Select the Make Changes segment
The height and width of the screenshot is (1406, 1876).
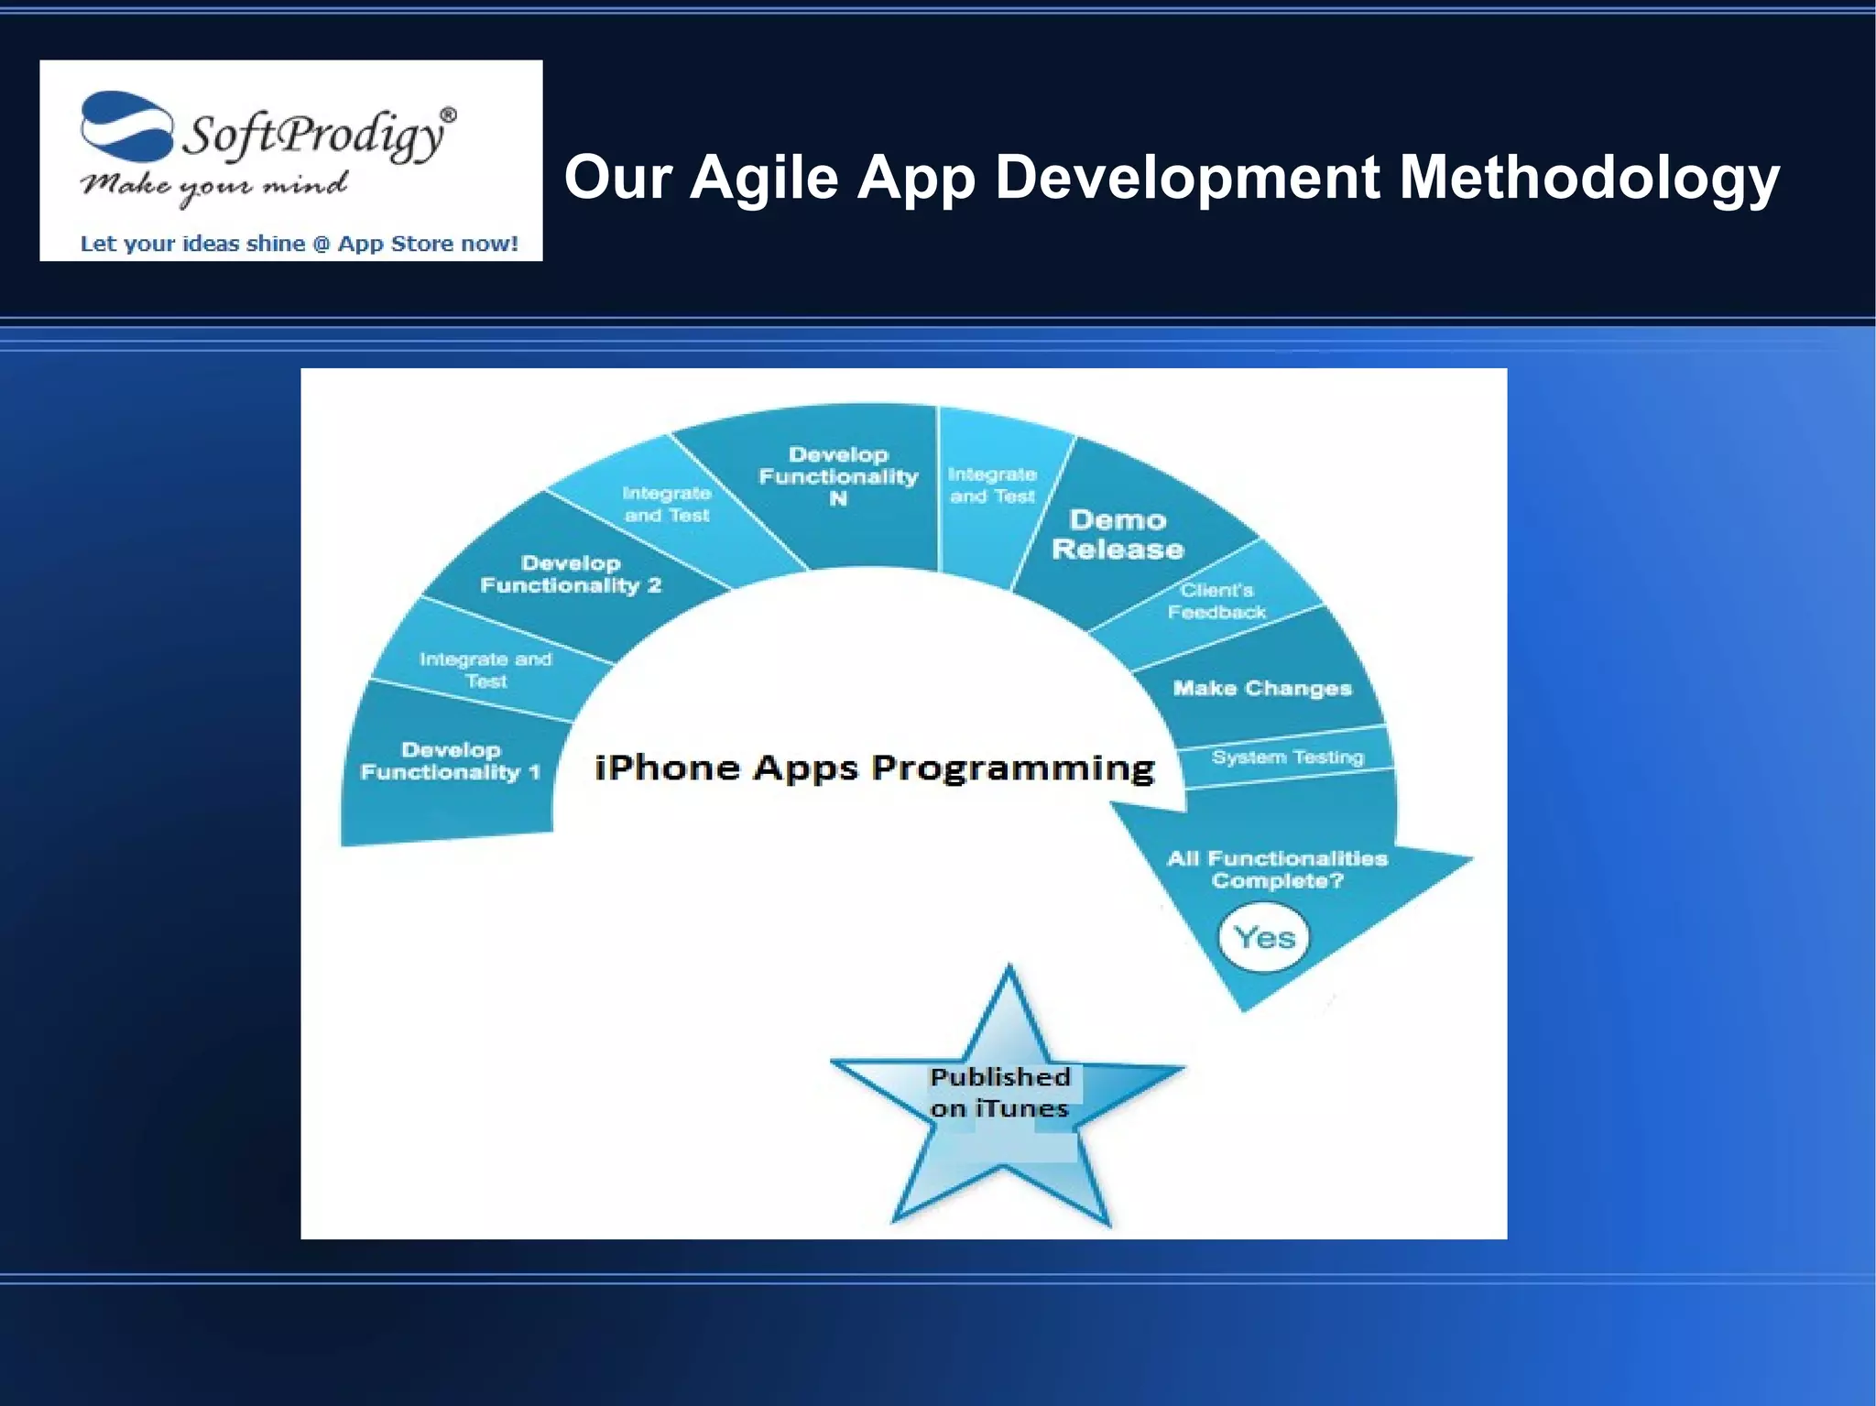pyautogui.click(x=1261, y=689)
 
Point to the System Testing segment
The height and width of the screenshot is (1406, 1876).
pyautogui.click(x=1287, y=757)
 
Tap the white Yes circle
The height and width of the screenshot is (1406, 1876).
pyautogui.click(x=1264, y=937)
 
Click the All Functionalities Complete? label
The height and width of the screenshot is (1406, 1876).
pyautogui.click(x=1277, y=869)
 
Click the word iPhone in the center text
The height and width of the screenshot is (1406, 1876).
pyautogui.click(x=667, y=768)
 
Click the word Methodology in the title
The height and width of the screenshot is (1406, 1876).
pyautogui.click(x=1588, y=178)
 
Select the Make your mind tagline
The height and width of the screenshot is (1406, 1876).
pyautogui.click(x=213, y=185)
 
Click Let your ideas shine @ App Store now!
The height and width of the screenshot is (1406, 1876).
pyautogui.click(x=299, y=244)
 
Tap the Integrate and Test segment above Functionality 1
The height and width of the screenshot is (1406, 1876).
pyautogui.click(x=485, y=670)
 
